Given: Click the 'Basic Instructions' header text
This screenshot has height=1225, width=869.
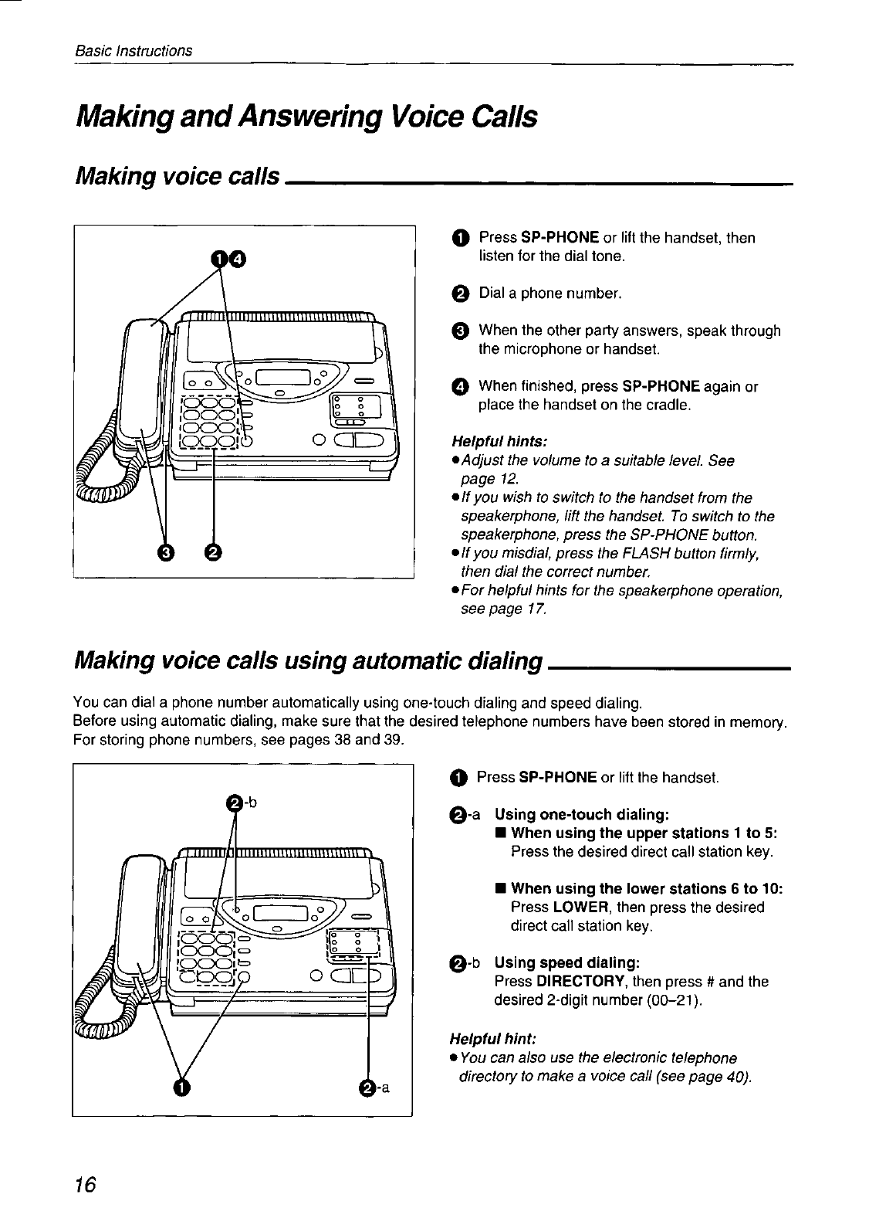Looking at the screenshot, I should click(x=134, y=51).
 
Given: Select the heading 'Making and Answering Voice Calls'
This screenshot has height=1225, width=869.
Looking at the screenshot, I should click(x=305, y=117).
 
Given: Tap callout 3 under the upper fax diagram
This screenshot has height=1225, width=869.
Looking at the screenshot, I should click(x=165, y=551).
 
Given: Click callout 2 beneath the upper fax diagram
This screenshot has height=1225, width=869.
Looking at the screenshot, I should click(x=213, y=551).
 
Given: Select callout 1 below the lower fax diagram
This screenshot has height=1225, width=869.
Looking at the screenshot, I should click(x=181, y=1088).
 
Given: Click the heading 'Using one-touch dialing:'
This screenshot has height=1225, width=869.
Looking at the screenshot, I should click(x=581, y=815).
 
